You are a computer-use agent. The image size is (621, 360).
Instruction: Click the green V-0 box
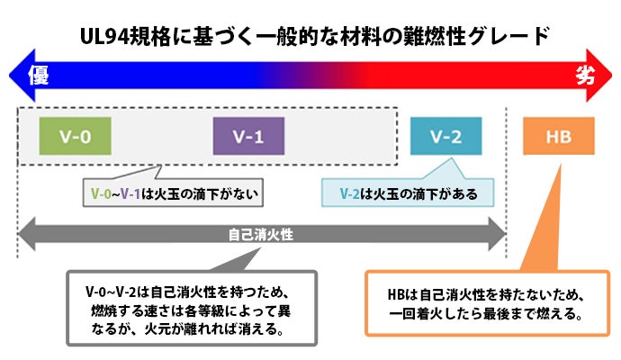(76, 136)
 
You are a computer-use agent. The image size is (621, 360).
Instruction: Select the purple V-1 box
(248, 136)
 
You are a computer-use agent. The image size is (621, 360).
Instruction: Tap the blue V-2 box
(445, 136)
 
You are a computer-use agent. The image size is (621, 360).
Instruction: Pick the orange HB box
(559, 136)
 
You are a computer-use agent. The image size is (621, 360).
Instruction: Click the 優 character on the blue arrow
(39, 76)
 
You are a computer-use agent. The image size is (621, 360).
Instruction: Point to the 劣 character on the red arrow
(585, 75)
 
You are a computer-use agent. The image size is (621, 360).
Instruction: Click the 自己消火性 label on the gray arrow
(261, 235)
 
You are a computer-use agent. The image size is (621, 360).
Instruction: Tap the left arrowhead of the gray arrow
(27, 234)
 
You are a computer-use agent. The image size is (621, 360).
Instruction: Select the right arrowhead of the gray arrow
(497, 234)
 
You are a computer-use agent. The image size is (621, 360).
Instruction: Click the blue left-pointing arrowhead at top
(22, 76)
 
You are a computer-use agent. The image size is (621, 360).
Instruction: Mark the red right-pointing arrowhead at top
(599, 76)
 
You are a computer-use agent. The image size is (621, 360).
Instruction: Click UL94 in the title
(104, 37)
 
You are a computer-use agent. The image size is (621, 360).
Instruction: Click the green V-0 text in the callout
(101, 193)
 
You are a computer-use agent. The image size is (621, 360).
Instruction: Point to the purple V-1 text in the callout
(130, 193)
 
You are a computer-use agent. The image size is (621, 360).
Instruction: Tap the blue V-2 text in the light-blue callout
(350, 194)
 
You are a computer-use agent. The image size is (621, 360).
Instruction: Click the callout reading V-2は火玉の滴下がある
(408, 193)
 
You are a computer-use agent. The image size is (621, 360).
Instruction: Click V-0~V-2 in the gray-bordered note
(111, 292)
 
